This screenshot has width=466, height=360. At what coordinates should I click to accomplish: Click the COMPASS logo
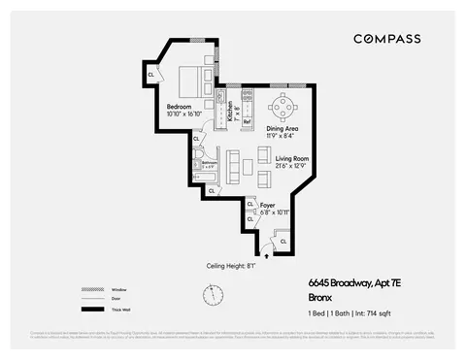click(x=386, y=39)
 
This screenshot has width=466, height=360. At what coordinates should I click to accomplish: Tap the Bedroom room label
click(x=180, y=106)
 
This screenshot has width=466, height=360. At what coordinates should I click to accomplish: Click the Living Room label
click(x=290, y=157)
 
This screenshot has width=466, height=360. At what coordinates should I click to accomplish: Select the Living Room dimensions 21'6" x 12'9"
click(x=290, y=165)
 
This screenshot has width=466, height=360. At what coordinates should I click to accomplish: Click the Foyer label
click(x=268, y=205)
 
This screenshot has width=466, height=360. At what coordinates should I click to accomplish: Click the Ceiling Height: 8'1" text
click(x=229, y=265)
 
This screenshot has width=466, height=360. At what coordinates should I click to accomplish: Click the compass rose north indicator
click(x=207, y=294)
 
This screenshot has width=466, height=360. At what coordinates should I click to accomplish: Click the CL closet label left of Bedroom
click(x=151, y=73)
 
